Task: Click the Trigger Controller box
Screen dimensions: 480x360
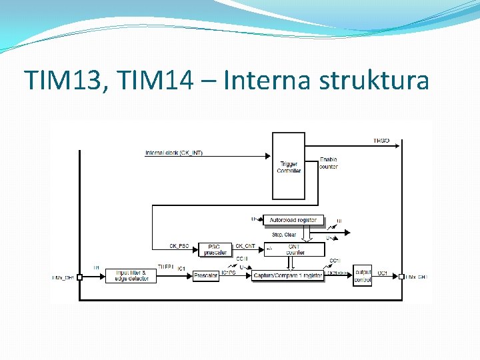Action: coord(289,166)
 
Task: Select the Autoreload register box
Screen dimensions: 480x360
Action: coord(293,219)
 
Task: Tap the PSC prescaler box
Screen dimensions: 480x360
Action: coord(215,249)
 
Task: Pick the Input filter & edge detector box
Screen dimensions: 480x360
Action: coord(131,275)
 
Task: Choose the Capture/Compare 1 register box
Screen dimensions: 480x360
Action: coord(288,275)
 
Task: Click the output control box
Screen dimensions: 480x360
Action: coord(363,275)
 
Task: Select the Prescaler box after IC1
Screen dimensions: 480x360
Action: coord(206,275)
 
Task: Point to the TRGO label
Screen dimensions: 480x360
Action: coord(381,141)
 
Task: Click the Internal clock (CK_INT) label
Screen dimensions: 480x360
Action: coord(174,153)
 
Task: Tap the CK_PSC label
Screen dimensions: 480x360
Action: coord(178,246)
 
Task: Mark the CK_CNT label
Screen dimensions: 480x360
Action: coord(245,246)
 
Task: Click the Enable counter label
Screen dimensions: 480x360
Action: coord(328,163)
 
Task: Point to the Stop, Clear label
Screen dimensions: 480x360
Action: coord(284,235)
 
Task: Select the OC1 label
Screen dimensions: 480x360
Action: coord(383,273)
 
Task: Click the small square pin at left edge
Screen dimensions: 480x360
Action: coord(79,277)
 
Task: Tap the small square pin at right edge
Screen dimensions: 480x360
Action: coord(401,277)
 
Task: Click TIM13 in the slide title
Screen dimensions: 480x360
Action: coord(64,81)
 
